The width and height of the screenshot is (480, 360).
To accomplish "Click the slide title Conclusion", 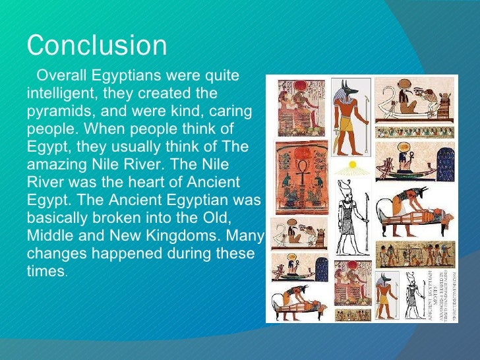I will [x=97, y=45].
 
